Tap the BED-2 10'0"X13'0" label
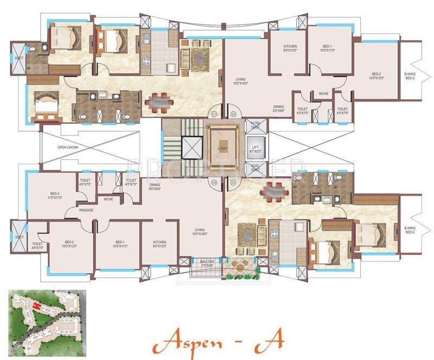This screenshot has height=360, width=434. pos(376,76)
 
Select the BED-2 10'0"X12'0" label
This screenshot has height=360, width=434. pos(69,244)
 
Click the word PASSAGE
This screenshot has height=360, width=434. pos(86,209)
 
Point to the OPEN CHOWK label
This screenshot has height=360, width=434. pos(69,147)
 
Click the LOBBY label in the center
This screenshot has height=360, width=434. pos(223,148)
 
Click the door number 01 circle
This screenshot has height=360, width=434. pos(214,114)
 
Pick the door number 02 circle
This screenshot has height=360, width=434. pos(233,114)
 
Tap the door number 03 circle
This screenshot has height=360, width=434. pos(233,182)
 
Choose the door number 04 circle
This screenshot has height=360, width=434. pos(214,182)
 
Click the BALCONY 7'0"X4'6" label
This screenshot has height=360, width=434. pos(207,263)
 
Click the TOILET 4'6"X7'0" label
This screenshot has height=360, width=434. pos(37,246)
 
